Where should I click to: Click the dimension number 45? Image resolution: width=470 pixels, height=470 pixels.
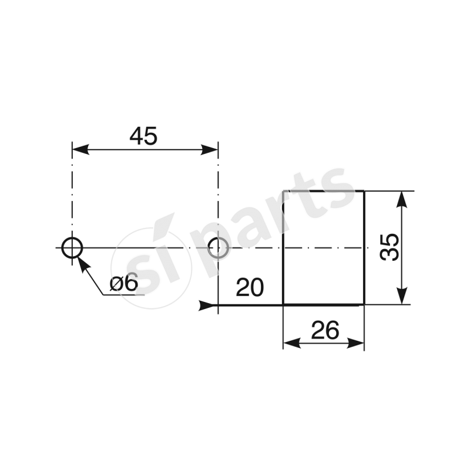pyautogui.click(x=143, y=136)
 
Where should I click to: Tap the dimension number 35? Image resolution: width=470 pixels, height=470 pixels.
pyautogui.click(x=390, y=247)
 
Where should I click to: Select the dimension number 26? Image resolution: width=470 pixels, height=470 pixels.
pyautogui.click(x=325, y=330)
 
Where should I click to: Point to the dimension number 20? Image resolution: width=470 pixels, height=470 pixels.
pyautogui.click(x=250, y=287)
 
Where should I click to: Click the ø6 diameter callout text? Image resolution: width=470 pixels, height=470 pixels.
pyautogui.click(x=124, y=283)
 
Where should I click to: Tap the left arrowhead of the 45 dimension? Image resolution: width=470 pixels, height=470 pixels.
pyautogui.click(x=80, y=149)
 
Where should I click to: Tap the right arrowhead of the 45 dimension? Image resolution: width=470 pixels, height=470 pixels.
pyautogui.click(x=210, y=149)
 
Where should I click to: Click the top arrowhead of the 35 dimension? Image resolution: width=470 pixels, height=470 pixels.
pyautogui.click(x=402, y=199)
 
